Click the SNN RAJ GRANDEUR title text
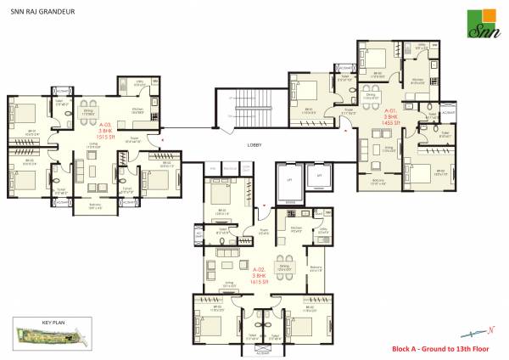[x=45, y=12]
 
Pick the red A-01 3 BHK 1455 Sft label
[x=390, y=117]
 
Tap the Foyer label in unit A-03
[x=134, y=139]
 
